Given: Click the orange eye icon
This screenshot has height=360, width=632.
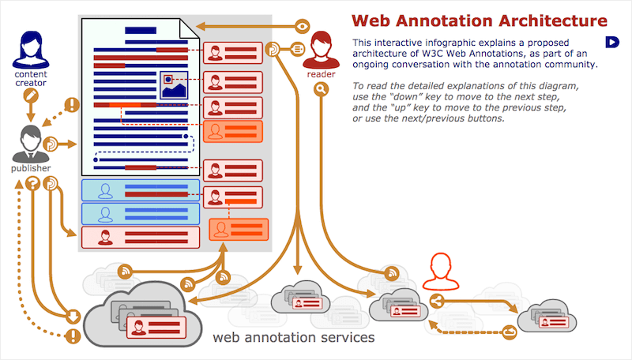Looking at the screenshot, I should [x=302, y=25].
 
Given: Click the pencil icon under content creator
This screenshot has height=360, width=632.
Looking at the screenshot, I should [x=31, y=96].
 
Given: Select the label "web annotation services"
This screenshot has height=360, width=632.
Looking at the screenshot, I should [x=293, y=338].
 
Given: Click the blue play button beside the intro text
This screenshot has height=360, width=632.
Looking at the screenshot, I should [x=611, y=42].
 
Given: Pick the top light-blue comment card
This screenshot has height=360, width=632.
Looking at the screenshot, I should [x=140, y=189].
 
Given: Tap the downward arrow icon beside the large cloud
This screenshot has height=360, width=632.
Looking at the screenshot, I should [x=73, y=317].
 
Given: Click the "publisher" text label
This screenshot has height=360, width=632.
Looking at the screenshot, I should [x=31, y=168].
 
